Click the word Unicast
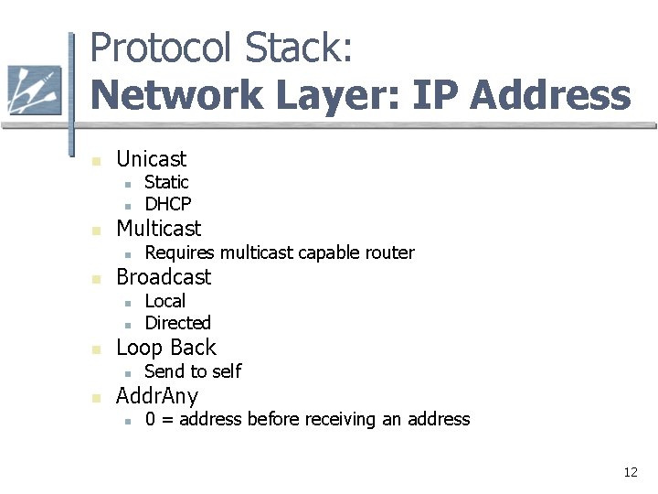click(x=151, y=159)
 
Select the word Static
click(x=166, y=182)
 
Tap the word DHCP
click(x=168, y=204)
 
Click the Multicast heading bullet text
click(x=158, y=228)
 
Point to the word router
click(x=387, y=252)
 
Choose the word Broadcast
click(x=164, y=277)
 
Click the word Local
click(x=164, y=301)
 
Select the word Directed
click(x=177, y=323)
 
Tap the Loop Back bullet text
click(x=166, y=348)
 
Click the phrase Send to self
click(x=193, y=371)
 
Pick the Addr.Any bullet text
click(x=157, y=396)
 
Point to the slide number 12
click(x=630, y=472)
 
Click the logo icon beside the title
click(x=34, y=91)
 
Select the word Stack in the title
click(x=302, y=48)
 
